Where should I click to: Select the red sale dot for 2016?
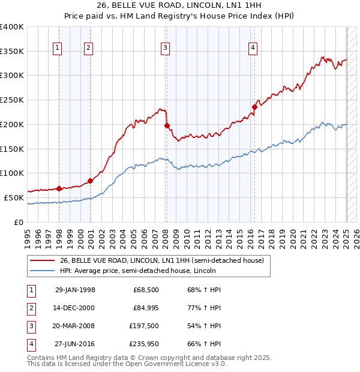tap(254, 107)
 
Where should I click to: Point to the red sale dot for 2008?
tap(167, 126)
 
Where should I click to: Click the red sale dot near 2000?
tap(90, 181)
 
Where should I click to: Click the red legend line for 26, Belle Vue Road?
tap(43, 260)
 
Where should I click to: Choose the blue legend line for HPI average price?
tap(43, 271)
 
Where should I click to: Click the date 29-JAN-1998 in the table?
tap(75, 290)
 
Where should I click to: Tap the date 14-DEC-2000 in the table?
tap(75, 308)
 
